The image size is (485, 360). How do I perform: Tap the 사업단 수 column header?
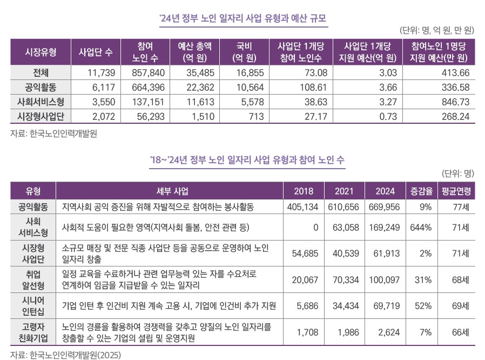click(96, 52)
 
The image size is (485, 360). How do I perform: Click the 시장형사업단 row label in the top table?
click(41, 116)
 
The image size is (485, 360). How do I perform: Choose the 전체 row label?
click(41, 73)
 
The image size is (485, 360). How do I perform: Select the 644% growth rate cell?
click(421, 228)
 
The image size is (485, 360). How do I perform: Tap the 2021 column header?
click(344, 191)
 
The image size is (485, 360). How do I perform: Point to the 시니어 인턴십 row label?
click(33, 306)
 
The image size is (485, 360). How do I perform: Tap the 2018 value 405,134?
click(303, 207)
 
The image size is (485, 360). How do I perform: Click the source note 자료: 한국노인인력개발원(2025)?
click(65, 355)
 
